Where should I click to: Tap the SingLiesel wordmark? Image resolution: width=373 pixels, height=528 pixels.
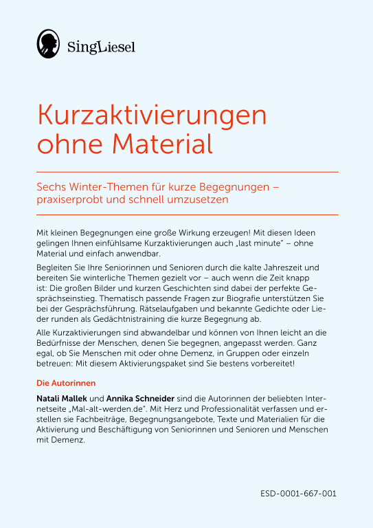102,47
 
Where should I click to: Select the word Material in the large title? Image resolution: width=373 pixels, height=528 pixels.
163,144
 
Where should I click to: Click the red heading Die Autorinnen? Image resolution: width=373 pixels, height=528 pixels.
65,382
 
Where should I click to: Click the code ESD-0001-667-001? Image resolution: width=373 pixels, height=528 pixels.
299,494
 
